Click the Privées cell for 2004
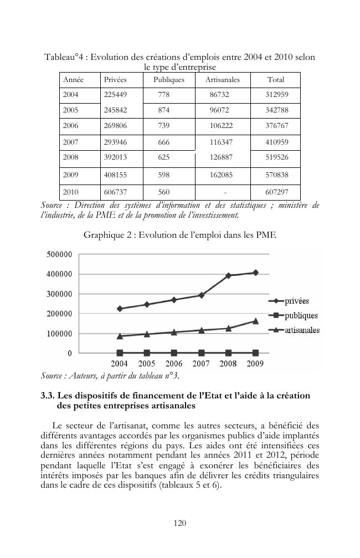115,95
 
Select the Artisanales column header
222,80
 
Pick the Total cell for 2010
276,192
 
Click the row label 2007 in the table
70,142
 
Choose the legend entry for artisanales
302,330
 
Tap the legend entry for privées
297,301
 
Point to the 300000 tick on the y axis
58,294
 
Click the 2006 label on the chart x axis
173,364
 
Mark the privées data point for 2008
228,275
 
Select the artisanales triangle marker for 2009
255,321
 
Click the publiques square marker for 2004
120,352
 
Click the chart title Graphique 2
179,235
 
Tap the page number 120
179,523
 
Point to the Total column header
276,80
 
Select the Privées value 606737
115,192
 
